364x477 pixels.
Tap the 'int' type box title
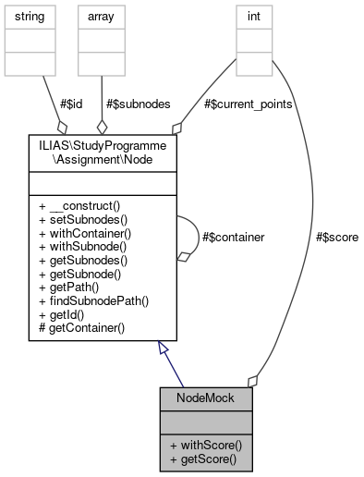click(250, 16)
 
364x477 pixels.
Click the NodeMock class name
click(205, 398)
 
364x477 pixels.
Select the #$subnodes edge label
click(140, 104)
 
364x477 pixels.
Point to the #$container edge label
click(233, 237)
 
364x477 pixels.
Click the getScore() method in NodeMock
click(203, 459)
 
